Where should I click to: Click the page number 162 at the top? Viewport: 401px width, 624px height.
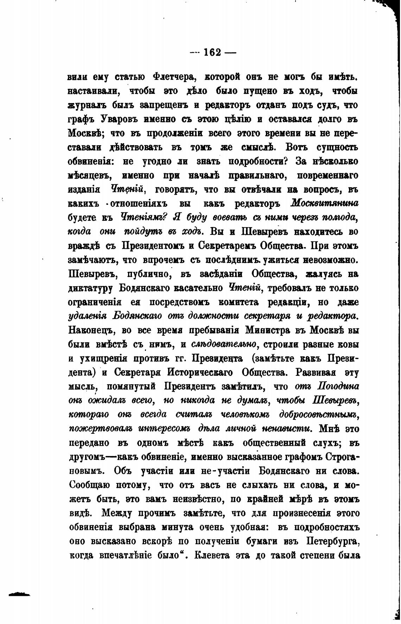click(212, 52)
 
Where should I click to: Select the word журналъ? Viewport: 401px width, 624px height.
click(85, 105)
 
